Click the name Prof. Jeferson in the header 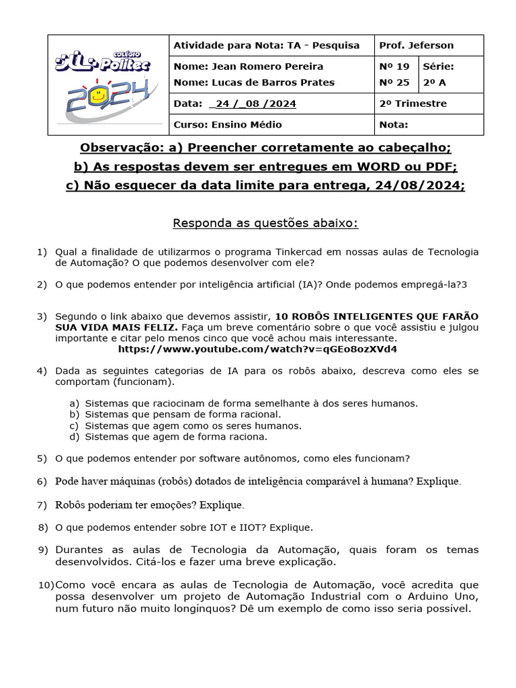pyautogui.click(x=416, y=46)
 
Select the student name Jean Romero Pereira pyautogui.click(x=248, y=67)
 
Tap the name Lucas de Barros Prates pyautogui.click(x=254, y=83)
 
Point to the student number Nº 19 pyautogui.click(x=394, y=67)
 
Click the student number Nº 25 pyautogui.click(x=394, y=83)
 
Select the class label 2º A pyautogui.click(x=435, y=83)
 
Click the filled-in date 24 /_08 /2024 pyautogui.click(x=253, y=104)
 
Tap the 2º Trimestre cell pyautogui.click(x=413, y=104)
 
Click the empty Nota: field pyautogui.click(x=428, y=125)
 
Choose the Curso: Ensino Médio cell pyautogui.click(x=228, y=125)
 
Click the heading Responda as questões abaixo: pyautogui.click(x=265, y=223)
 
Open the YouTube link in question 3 pyautogui.click(x=257, y=349)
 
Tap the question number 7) pyautogui.click(x=42, y=505)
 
